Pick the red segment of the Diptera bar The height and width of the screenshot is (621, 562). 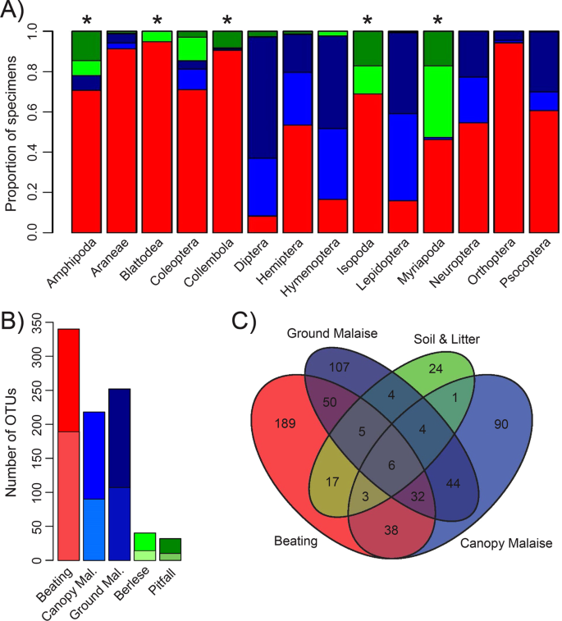(x=263, y=225)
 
